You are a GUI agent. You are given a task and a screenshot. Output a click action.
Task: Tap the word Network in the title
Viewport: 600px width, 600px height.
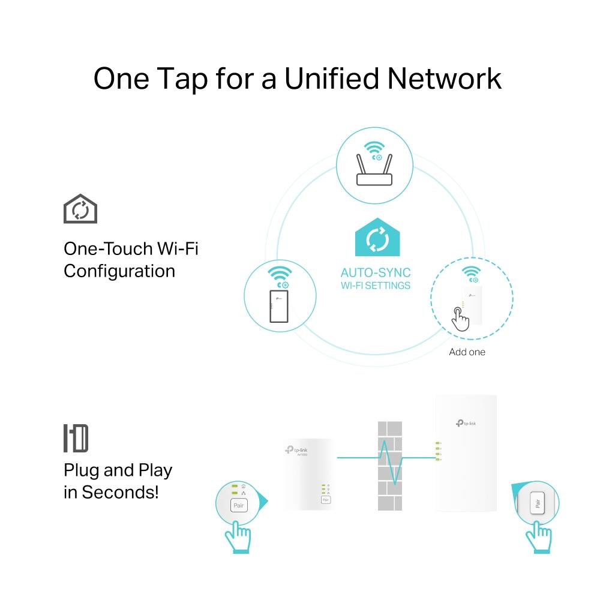tap(445, 79)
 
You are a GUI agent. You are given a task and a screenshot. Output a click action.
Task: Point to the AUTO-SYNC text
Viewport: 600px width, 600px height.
tap(376, 273)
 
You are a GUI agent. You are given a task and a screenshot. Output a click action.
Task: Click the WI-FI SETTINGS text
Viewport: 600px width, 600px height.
tap(376, 286)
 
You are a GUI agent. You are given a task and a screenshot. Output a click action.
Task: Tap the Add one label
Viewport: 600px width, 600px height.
tap(467, 352)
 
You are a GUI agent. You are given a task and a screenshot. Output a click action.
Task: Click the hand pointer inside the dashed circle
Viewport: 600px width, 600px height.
tap(460, 319)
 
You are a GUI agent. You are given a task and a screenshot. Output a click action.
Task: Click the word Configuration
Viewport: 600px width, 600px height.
tap(119, 271)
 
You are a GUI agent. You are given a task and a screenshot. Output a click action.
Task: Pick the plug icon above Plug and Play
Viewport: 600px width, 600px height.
tap(76, 438)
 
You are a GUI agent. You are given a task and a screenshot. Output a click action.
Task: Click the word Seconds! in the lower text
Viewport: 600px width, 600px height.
tap(121, 492)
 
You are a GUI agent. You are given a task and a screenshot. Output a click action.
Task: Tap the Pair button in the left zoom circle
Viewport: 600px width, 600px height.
tap(238, 506)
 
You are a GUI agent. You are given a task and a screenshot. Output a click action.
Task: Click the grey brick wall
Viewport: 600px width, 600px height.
tap(389, 466)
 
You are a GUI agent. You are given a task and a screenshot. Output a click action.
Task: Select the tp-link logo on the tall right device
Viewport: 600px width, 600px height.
tap(466, 424)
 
